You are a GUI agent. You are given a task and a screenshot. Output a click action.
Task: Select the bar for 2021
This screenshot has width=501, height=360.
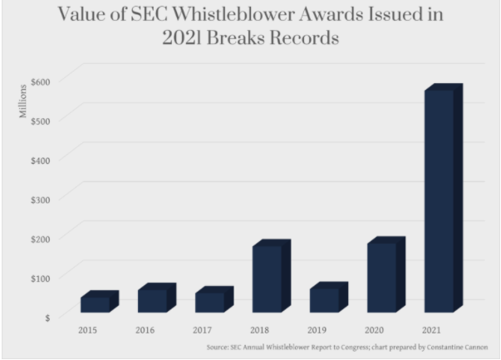click(438, 200)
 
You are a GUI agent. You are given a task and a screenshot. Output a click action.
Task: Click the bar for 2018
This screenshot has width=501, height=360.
click(266, 279)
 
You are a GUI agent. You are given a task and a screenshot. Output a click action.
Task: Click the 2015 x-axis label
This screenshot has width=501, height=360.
click(87, 330)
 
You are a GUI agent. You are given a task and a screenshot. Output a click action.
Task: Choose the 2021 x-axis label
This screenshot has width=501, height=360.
click(432, 330)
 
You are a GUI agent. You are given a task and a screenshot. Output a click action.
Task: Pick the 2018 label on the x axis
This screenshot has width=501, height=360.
click(260, 330)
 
